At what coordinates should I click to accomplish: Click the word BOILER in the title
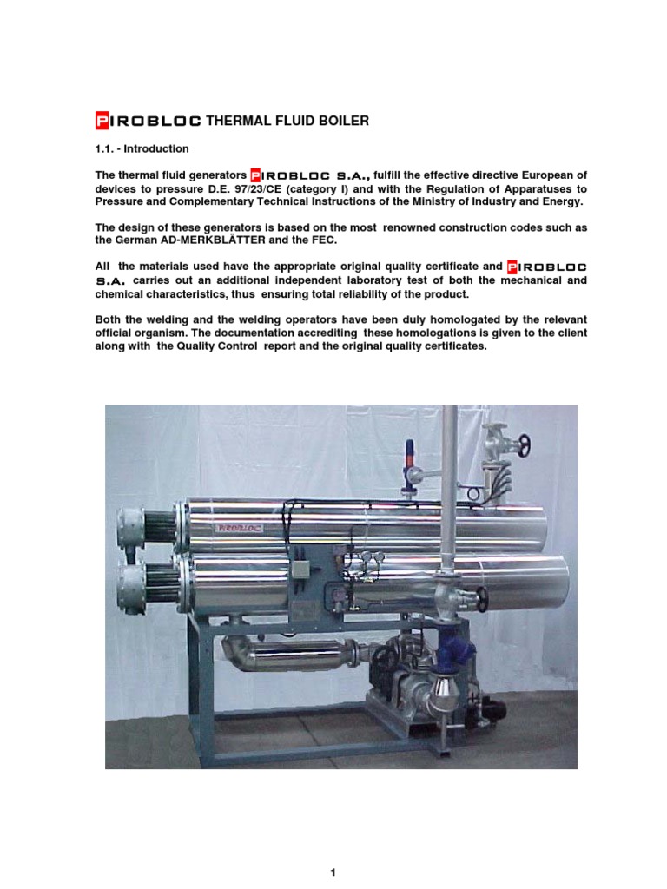(343, 121)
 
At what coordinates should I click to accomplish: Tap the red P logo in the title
(101, 121)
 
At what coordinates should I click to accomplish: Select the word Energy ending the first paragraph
(561, 201)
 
